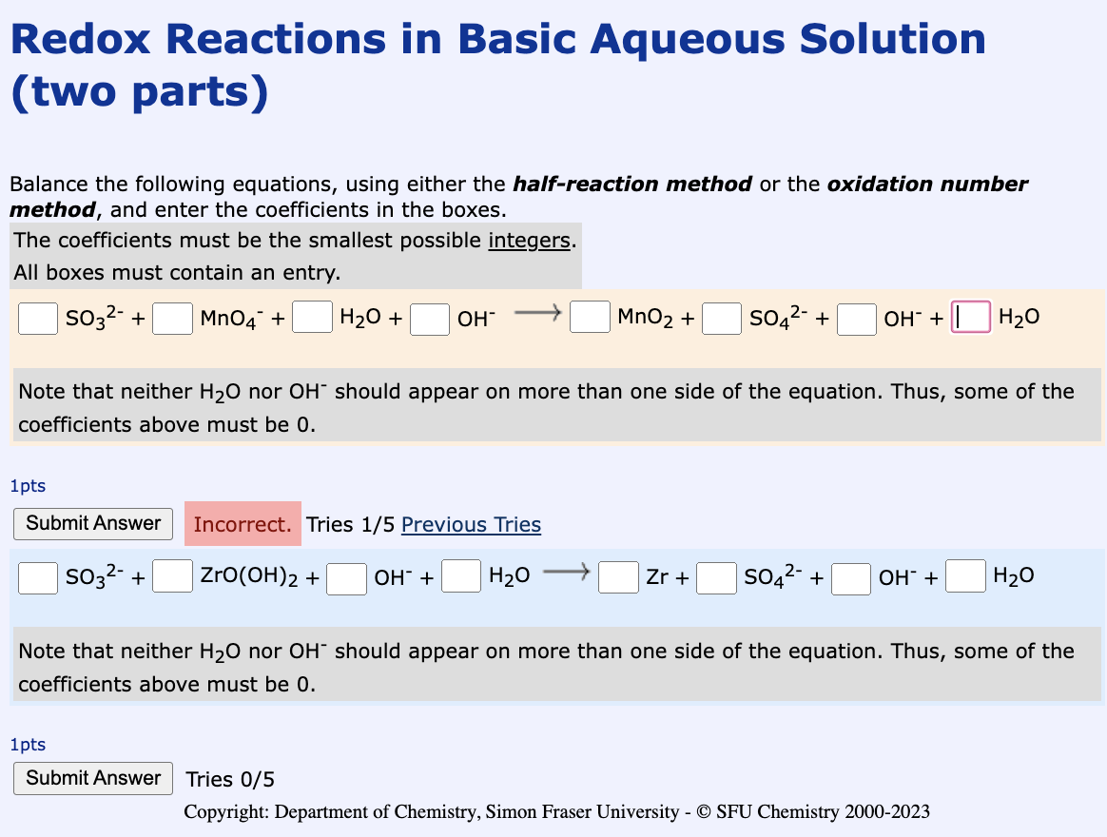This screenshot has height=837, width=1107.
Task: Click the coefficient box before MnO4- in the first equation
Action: (x=172, y=318)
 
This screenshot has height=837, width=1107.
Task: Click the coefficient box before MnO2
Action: (x=590, y=317)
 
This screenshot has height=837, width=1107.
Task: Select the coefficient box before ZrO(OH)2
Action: (x=172, y=576)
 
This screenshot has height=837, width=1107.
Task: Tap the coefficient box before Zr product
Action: (x=618, y=576)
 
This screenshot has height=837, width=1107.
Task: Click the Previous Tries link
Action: (x=471, y=525)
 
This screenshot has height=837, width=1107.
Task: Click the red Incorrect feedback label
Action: (x=243, y=524)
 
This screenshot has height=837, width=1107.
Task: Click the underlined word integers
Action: (x=528, y=241)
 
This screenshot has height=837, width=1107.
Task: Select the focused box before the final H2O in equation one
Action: (x=971, y=317)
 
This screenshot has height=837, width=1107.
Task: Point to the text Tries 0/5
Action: (x=230, y=780)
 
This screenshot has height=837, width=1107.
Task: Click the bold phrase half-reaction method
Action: (x=631, y=184)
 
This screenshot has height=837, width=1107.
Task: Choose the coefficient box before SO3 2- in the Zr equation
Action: (x=38, y=576)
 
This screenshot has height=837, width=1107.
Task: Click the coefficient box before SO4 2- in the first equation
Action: (x=722, y=318)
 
